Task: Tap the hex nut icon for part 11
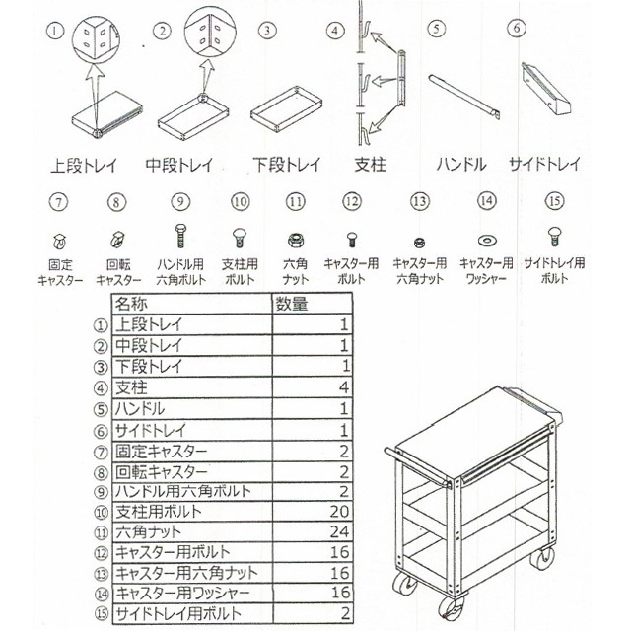point(294,240)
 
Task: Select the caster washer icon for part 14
point(487,240)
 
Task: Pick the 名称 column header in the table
point(132,304)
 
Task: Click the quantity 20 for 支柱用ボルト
point(339,511)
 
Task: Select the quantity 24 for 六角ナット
point(339,532)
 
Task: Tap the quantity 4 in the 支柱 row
point(344,386)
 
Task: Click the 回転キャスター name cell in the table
point(162,470)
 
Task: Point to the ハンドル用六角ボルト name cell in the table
point(182,491)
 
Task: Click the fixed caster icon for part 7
point(60,240)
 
